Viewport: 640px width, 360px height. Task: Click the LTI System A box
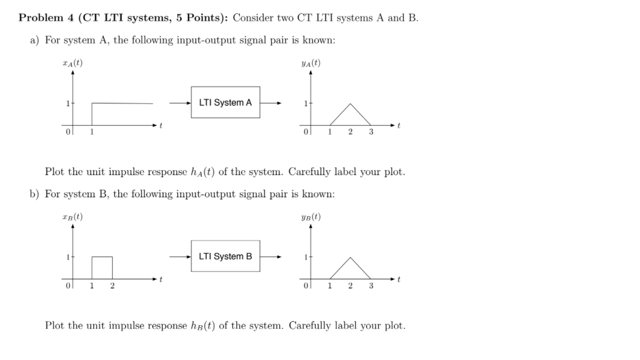[225, 102]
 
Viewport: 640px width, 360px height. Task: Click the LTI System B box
[225, 256]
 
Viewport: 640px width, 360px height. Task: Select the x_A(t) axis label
[72, 63]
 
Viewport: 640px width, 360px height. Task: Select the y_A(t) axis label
[310, 63]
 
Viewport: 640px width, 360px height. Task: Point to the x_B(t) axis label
[72, 217]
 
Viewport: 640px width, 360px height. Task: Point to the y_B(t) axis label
[310, 217]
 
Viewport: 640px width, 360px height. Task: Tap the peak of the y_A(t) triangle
[350, 104]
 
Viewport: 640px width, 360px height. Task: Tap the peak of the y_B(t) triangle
[350, 258]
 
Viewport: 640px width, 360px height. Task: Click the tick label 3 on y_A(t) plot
[371, 132]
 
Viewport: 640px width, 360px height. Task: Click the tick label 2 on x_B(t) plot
[112, 286]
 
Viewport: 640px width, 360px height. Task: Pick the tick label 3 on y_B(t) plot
[371, 286]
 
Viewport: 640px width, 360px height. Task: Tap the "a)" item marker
[35, 40]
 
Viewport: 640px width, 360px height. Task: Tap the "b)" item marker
[35, 194]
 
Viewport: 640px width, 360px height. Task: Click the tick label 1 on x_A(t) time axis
[92, 132]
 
